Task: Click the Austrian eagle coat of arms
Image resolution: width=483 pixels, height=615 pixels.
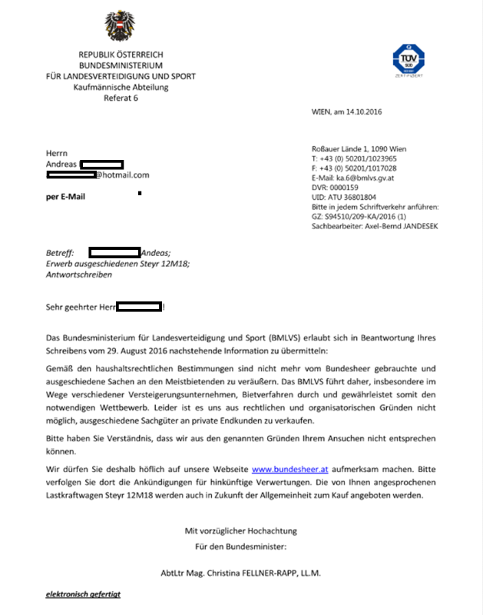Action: click(121, 27)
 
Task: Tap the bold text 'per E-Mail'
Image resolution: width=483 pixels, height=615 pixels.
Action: click(67, 197)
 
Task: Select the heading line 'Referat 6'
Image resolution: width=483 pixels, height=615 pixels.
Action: click(121, 98)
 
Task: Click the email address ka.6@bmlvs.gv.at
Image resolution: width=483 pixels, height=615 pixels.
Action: click(366, 178)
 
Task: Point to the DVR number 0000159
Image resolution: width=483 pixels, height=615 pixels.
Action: click(347, 188)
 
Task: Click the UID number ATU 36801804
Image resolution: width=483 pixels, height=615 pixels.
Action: click(355, 198)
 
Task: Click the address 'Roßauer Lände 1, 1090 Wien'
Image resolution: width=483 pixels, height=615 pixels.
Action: click(359, 148)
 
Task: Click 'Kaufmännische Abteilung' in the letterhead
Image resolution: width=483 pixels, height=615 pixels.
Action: click(121, 88)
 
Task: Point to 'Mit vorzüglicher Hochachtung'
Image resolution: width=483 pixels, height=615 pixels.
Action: click(241, 531)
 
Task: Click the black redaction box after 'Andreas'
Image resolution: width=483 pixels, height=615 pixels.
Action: click(102, 165)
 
